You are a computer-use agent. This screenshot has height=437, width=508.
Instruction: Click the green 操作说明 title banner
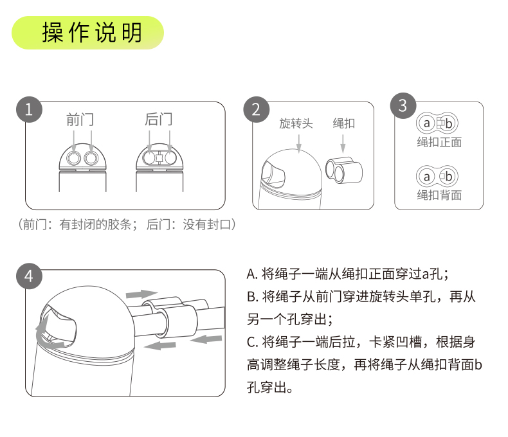87,33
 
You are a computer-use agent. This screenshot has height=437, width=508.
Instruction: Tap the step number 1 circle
29,109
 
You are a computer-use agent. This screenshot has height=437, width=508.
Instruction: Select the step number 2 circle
257,109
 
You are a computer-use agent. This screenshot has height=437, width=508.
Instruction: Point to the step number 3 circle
403,105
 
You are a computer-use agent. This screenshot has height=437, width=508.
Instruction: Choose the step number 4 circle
29,276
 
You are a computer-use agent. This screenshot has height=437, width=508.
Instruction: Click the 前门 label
80,120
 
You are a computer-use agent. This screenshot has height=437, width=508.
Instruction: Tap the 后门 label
158,119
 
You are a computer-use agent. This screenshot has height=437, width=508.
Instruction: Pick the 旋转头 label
296,123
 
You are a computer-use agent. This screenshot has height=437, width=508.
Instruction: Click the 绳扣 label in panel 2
344,123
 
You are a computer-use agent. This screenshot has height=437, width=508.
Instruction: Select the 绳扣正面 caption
439,142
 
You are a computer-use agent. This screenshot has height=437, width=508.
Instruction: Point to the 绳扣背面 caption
439,195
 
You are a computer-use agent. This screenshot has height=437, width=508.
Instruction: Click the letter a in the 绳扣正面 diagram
427,123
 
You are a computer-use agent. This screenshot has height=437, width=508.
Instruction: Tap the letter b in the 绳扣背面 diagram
449,177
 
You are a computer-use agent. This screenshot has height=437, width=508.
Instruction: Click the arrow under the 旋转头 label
299,143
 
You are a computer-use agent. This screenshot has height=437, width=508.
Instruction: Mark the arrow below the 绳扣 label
343,143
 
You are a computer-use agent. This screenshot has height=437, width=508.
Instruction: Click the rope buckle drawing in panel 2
344,170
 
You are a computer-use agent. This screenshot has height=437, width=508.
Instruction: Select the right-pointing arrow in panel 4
141,294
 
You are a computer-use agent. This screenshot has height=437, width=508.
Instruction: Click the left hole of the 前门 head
73,158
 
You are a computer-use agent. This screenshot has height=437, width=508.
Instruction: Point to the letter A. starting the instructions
251,274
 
